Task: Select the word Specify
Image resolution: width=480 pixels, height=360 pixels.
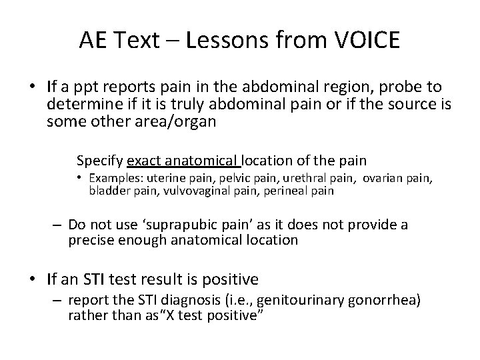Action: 100,161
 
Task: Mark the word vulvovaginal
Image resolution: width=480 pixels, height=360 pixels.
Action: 171,191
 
